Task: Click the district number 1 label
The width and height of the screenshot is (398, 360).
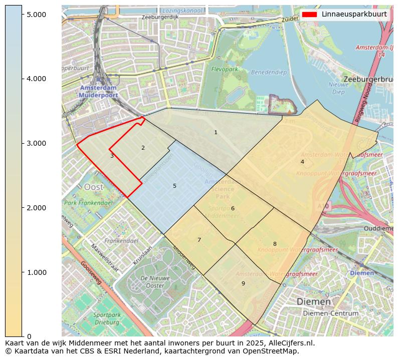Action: click(x=216, y=133)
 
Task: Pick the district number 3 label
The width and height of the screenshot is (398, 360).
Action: click(x=112, y=156)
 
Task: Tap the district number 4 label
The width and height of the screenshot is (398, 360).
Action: click(x=302, y=162)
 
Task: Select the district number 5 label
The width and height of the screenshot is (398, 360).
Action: click(x=174, y=186)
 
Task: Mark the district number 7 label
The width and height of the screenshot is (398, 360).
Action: click(x=199, y=240)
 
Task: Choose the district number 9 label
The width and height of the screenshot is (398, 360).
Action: click(x=243, y=283)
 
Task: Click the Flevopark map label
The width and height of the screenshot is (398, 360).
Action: click(x=225, y=69)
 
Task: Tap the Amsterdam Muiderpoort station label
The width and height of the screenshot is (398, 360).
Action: click(x=99, y=91)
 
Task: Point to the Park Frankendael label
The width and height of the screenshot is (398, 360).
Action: click(x=87, y=203)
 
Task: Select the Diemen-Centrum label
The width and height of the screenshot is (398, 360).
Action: click(x=328, y=313)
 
